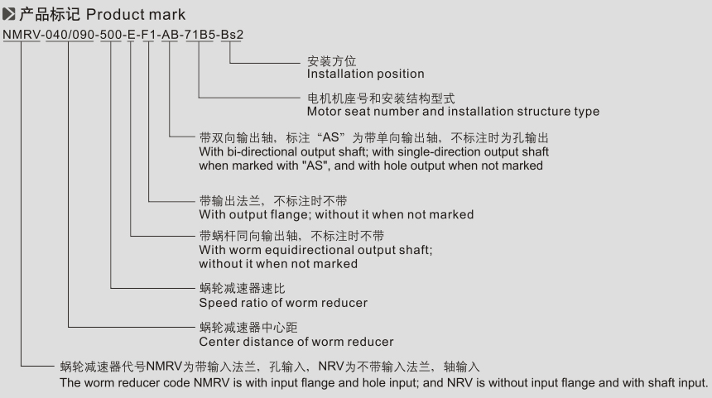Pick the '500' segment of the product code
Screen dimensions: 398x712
pos(110,35)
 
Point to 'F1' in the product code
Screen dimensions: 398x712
pos(148,35)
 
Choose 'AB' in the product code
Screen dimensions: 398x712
pos(171,35)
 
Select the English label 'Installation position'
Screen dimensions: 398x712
pos(365,74)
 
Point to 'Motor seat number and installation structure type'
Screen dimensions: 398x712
pos(453,111)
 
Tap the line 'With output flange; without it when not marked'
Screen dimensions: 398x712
pos(336,214)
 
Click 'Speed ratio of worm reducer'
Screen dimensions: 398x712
pos(283,303)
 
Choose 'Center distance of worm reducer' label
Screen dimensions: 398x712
pos(296,341)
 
